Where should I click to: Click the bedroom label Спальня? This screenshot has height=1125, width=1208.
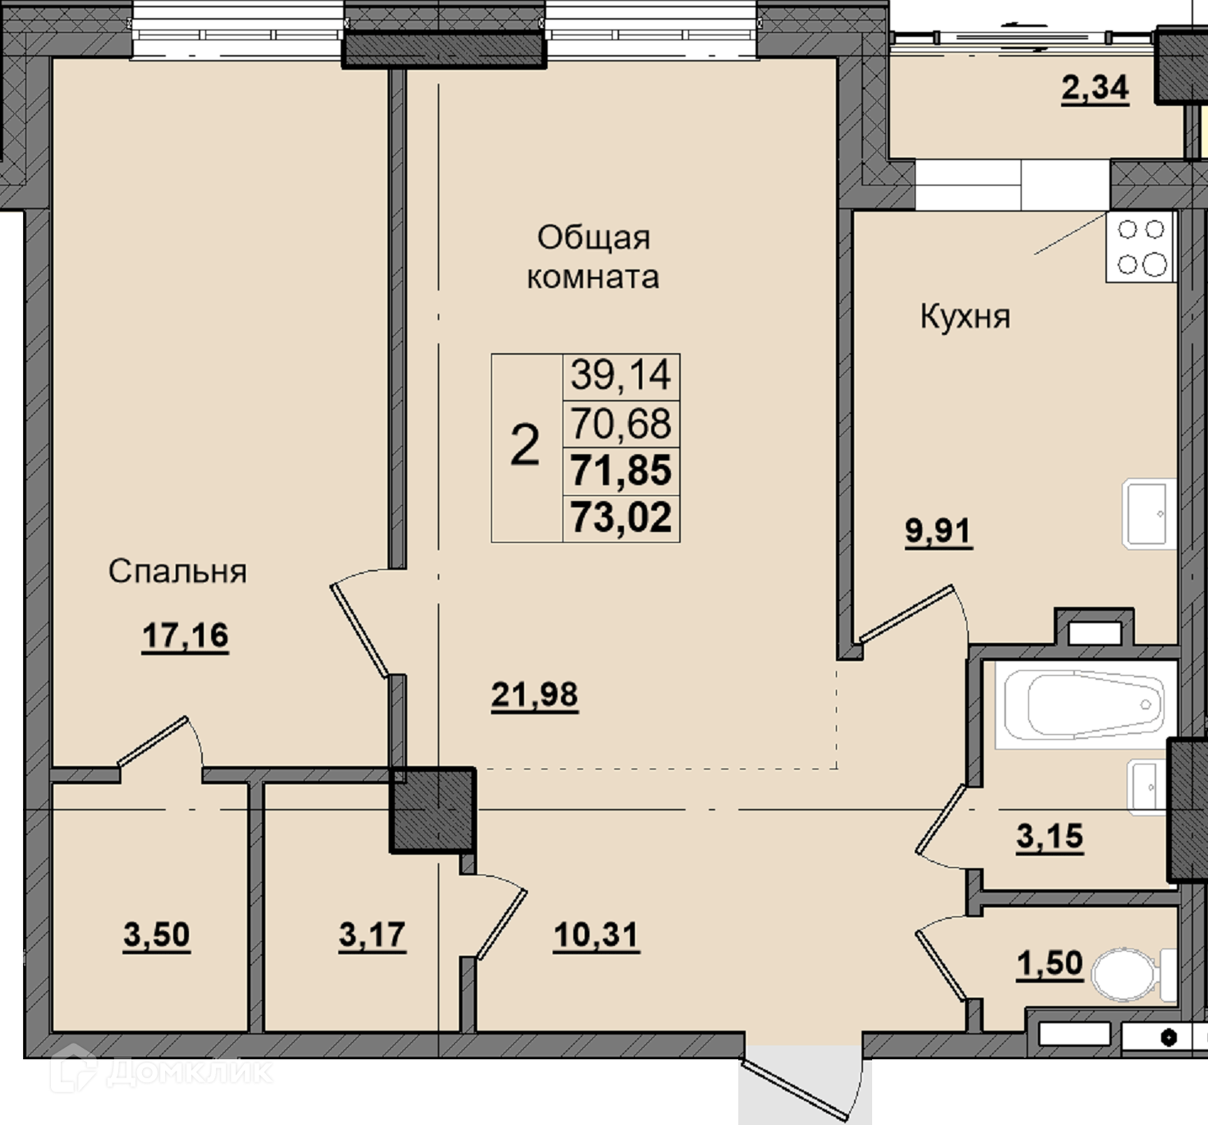tap(177, 572)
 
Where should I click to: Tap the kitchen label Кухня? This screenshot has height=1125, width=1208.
tap(965, 317)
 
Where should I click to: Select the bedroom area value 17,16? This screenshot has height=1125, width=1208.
tap(186, 636)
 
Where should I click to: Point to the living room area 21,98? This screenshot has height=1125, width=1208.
tap(535, 695)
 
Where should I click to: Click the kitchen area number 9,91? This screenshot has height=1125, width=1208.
tap(939, 531)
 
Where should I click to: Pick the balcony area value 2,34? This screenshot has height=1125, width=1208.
tap(1095, 88)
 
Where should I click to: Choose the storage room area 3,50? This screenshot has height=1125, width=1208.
tap(157, 934)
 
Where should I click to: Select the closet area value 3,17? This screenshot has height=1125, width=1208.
tap(372, 934)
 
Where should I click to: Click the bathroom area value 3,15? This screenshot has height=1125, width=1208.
tap(1050, 837)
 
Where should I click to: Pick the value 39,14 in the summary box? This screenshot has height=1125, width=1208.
tap(621, 374)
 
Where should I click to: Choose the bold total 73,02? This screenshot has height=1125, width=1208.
tap(621, 518)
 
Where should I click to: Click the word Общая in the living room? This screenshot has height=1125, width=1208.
tap(594, 238)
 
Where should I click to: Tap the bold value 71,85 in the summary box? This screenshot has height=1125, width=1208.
tap(621, 471)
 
